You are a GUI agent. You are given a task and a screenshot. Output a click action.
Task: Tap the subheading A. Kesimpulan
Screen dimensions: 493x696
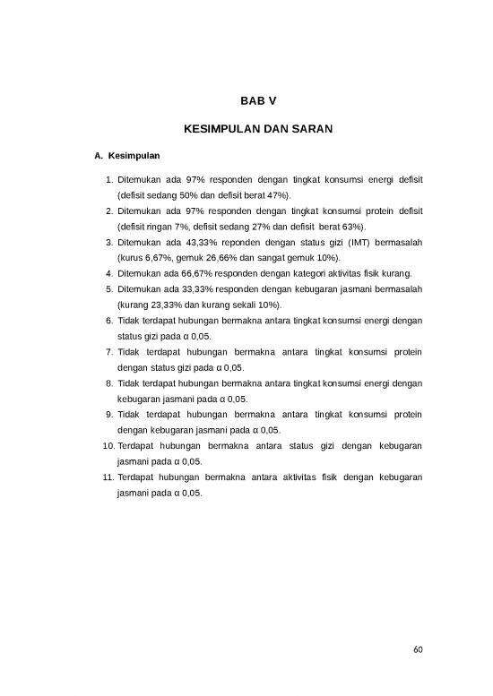(127, 157)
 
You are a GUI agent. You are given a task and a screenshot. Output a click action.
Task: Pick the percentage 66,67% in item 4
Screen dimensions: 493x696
(205, 273)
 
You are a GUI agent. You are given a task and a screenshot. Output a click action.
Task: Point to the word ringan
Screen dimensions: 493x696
(169, 227)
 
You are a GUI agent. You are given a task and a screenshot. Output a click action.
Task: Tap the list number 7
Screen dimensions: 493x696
(108, 352)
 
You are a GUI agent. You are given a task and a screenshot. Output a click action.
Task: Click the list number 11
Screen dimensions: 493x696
(107, 477)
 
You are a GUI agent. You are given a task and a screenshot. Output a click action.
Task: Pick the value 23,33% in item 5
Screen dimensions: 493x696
(163, 305)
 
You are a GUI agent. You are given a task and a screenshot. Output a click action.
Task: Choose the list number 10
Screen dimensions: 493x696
(107, 446)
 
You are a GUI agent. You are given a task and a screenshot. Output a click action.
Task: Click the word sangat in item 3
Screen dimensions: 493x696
(256, 258)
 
